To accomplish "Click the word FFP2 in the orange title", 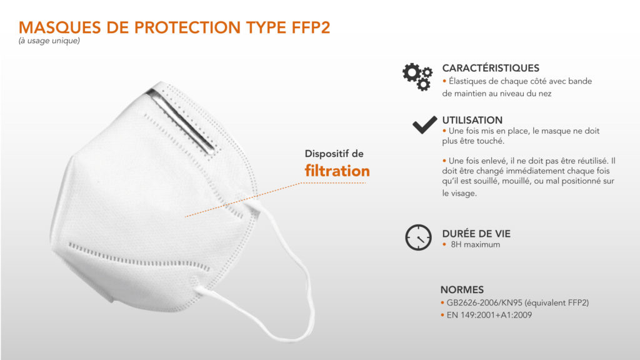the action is click(x=311, y=27).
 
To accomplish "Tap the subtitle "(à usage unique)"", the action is click(x=49, y=41).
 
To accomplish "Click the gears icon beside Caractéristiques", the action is click(x=417, y=76).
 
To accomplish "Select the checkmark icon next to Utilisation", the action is click(x=424, y=125).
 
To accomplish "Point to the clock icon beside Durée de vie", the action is click(x=418, y=237).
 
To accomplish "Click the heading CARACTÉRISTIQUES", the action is click(x=491, y=67).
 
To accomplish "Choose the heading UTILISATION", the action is click(x=472, y=120).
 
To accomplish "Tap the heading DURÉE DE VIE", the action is click(x=476, y=234).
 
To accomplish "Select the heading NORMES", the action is click(x=462, y=290).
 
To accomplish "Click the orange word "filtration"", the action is click(x=337, y=171).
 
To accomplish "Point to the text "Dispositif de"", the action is click(x=334, y=154).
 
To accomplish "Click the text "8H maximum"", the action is click(x=475, y=244).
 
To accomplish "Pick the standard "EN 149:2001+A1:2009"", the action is click(x=489, y=315).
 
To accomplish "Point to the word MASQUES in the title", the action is click(x=59, y=27).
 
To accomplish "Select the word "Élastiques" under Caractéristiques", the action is click(x=467, y=81).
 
